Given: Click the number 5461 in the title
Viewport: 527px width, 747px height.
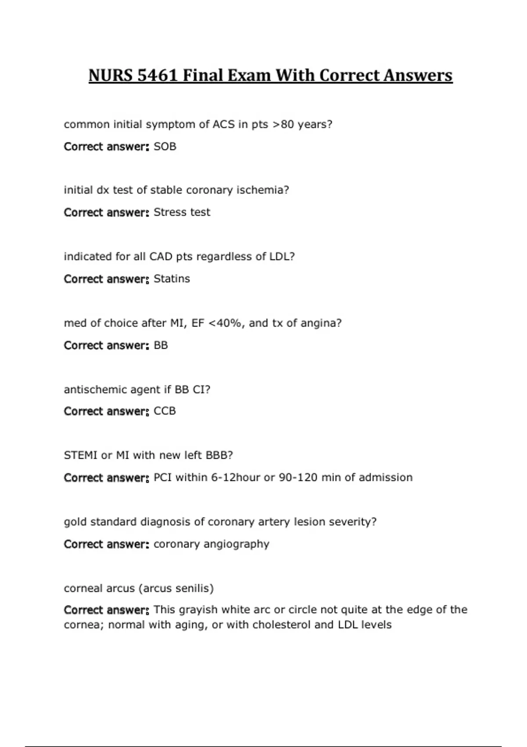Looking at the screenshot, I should click(158, 76).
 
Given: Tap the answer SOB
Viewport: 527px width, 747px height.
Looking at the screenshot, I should click(165, 146).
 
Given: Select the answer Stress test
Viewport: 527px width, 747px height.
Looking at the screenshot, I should click(182, 212).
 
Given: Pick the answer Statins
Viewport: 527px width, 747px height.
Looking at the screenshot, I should click(172, 279).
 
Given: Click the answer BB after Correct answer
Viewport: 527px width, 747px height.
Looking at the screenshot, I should click(161, 345).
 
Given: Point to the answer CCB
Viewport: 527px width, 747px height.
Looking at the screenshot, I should click(165, 411).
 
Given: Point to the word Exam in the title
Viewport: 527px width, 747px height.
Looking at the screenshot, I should click(249, 76).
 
